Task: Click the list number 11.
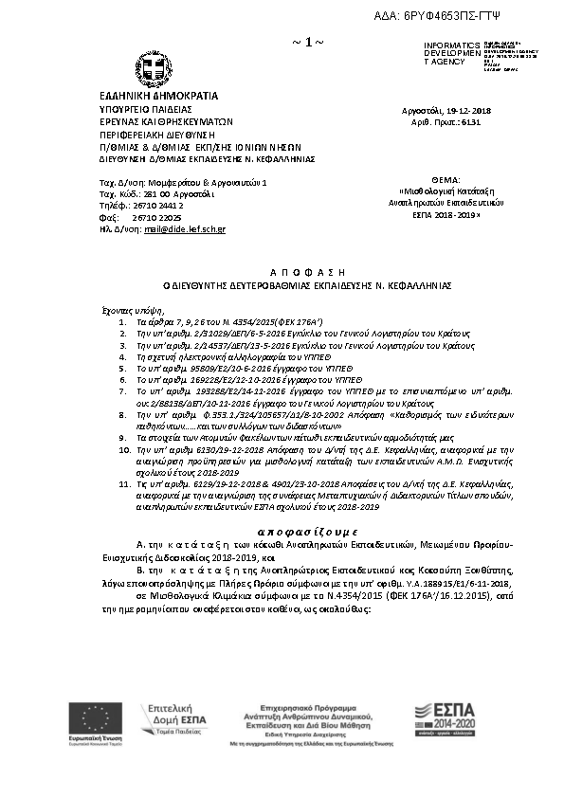tap(122, 483)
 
